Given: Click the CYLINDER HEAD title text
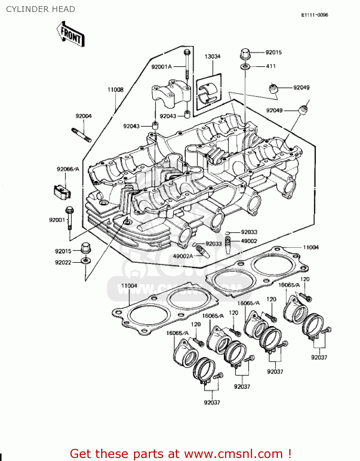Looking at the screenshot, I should pos(41,9).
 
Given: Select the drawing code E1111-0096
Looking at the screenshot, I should pos(314,15).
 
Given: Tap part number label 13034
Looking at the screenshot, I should pos(212,57).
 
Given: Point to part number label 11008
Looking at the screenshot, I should pos(115,90).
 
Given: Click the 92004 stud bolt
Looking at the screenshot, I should pos(81,135).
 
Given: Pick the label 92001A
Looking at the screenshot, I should pos(161,67).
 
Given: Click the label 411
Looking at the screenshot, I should pos(271,66).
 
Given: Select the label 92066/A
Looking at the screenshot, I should pos(68,169).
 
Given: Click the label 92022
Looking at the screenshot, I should pos(63,262).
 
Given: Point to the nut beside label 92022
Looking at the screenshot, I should pos(85,261).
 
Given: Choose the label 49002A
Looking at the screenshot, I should pos(183,256).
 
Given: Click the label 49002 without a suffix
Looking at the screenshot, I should pos(249,241).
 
